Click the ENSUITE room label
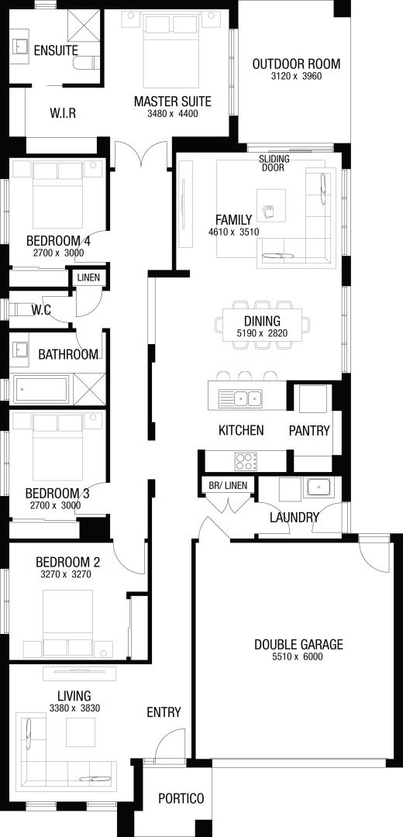point(56,50)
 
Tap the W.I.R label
point(63,113)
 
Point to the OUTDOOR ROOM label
point(296,64)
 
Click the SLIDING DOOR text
point(274,164)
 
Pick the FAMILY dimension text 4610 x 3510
point(234,232)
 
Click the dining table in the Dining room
point(262,324)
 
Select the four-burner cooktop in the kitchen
point(246,461)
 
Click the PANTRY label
point(309,431)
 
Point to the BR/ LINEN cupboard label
point(228,485)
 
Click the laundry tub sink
point(318,487)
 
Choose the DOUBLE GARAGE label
point(298,644)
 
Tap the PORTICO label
point(181,798)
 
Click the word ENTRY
point(164,712)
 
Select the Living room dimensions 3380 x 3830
point(74,709)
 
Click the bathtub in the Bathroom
point(42,388)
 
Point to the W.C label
point(40,310)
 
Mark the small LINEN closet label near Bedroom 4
point(88,277)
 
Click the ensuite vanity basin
point(21,46)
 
